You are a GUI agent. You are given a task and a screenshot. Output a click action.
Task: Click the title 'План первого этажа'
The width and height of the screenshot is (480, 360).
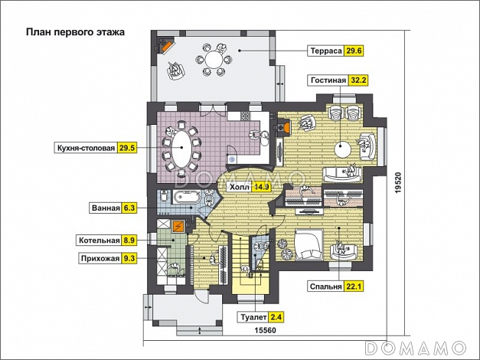(x=75, y=33)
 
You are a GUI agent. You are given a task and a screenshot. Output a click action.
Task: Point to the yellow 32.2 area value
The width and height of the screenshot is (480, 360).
(x=359, y=80)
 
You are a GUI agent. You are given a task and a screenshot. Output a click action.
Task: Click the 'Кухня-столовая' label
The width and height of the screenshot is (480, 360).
(x=85, y=148)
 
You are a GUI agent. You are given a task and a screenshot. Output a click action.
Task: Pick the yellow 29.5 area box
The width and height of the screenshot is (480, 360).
(x=126, y=148)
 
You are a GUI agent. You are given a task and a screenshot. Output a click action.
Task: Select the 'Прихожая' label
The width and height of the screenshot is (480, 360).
(x=99, y=259)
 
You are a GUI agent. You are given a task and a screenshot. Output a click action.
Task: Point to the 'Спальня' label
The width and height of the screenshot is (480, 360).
(x=324, y=288)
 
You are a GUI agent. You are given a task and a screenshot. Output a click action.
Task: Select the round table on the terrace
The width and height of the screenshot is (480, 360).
(x=214, y=60)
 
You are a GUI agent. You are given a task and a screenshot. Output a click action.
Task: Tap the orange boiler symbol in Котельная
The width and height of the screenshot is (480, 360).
(x=179, y=226)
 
